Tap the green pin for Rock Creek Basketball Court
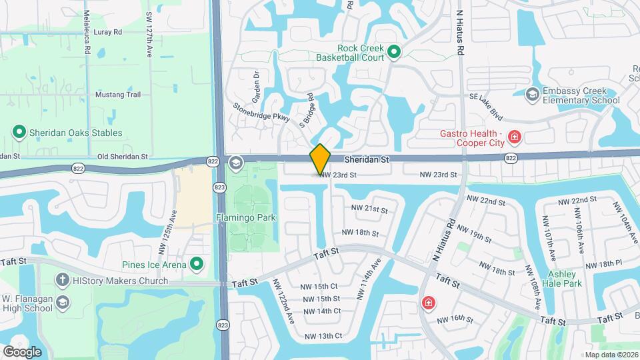click(x=394, y=51)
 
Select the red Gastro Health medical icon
click(x=514, y=138)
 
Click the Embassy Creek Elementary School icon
click(x=532, y=95)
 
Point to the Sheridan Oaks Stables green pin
click(x=19, y=133)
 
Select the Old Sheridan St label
click(x=122, y=156)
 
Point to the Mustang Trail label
click(x=119, y=95)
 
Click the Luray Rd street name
click(x=108, y=31)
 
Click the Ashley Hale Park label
click(x=565, y=279)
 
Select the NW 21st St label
click(x=369, y=209)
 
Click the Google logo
click(x=22, y=351)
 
